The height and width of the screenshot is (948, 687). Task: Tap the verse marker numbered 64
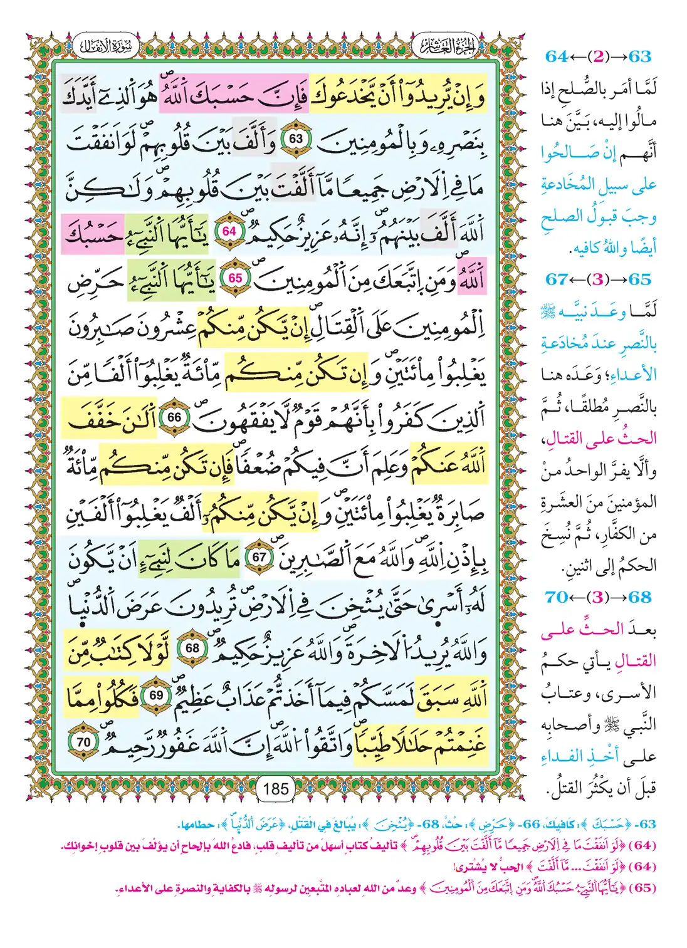coord(229,231)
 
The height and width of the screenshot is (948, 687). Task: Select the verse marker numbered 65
coord(236,278)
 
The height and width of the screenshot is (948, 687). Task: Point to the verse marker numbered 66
coord(174,417)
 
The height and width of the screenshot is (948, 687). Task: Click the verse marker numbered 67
coord(259,556)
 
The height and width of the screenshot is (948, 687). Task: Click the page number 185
coord(276,788)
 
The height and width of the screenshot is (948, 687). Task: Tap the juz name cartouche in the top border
coord(445,45)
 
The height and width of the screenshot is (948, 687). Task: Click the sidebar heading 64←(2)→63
coord(598,56)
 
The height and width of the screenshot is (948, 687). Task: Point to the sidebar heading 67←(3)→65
coord(598,279)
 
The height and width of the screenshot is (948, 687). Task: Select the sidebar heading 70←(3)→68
coord(598,597)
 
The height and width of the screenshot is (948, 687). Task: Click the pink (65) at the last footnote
coord(642,889)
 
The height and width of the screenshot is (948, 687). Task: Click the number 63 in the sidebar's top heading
coord(640,56)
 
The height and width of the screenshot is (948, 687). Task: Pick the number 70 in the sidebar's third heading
coord(557,597)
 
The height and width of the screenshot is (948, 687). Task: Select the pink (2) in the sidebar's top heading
coord(598,56)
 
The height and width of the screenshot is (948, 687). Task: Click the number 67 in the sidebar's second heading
coord(557,279)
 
